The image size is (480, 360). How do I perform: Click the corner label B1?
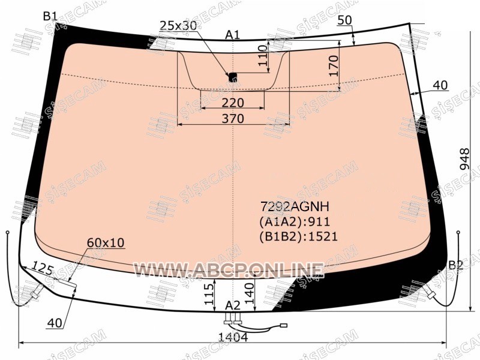pyautogui.click(x=50, y=16)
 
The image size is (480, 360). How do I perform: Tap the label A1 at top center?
pyautogui.click(x=233, y=35)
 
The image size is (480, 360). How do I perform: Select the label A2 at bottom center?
pyautogui.click(x=233, y=305)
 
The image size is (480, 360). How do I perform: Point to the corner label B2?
pyautogui.click(x=456, y=265)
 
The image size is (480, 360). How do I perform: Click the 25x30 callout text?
pyautogui.click(x=178, y=25)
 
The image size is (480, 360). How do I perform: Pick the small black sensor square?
pyautogui.click(x=233, y=77)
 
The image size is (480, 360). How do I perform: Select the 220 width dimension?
pyautogui.click(x=233, y=103)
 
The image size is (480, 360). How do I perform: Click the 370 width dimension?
pyautogui.click(x=233, y=118)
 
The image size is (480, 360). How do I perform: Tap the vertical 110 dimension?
pyautogui.click(x=263, y=56)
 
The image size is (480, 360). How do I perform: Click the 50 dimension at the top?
pyautogui.click(x=344, y=20)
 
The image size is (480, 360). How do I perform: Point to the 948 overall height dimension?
pyautogui.click(x=464, y=159)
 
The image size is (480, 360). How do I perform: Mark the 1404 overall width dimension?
pyautogui.click(x=233, y=337)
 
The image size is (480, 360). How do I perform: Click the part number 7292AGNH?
pyautogui.click(x=295, y=207)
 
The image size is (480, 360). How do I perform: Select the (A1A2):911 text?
pyautogui.click(x=295, y=221)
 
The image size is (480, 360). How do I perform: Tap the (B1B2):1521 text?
pyautogui.click(x=298, y=236)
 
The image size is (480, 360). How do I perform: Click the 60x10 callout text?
pyautogui.click(x=106, y=243)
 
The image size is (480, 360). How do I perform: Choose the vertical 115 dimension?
pyautogui.click(x=209, y=294)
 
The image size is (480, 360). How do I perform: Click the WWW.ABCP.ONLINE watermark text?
pyautogui.click(x=229, y=271)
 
